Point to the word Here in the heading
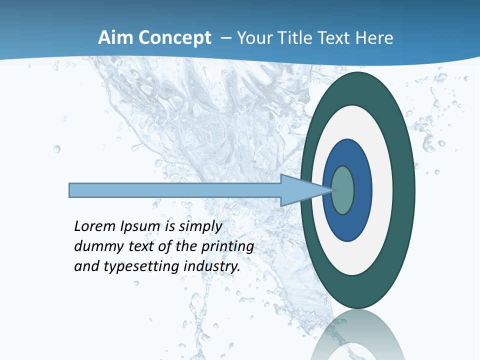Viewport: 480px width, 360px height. point(374,38)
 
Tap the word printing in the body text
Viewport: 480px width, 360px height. point(227,246)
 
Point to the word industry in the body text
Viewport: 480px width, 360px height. point(212,266)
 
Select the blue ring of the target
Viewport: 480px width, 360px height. point(361,190)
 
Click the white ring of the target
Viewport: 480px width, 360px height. point(382,190)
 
